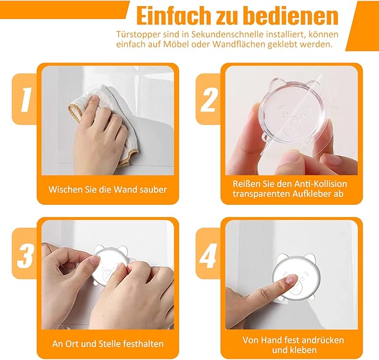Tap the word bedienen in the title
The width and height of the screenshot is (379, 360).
(x=291, y=16)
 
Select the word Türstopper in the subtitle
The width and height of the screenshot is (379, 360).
(x=138, y=35)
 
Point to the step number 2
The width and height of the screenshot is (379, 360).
(x=209, y=99)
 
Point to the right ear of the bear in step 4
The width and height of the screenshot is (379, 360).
(x=310, y=259)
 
